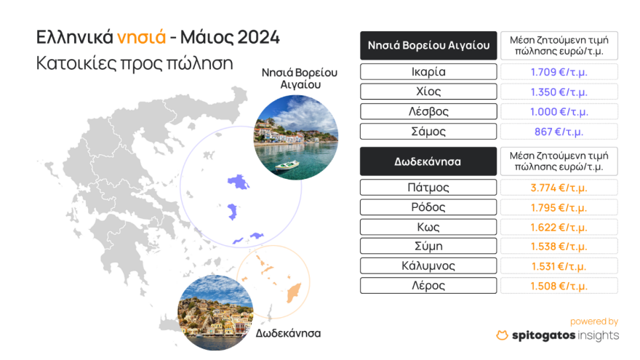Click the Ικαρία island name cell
pyautogui.click(x=428, y=72)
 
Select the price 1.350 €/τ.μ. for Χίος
pyautogui.click(x=559, y=92)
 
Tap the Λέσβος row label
pyautogui.click(x=428, y=112)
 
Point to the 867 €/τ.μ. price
pyautogui.click(x=559, y=132)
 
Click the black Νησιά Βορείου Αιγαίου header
pyautogui.click(x=428, y=46)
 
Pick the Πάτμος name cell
pyautogui.click(x=428, y=188)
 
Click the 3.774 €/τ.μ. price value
pyautogui.click(x=559, y=188)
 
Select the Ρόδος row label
pyautogui.click(x=428, y=207)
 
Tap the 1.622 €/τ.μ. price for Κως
pyautogui.click(x=559, y=227)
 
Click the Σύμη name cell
pyautogui.click(x=428, y=246)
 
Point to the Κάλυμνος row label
pyautogui.click(x=428, y=265)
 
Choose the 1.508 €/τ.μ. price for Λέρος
pyautogui.click(x=559, y=285)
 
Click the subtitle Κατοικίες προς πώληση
pyautogui.click(x=135, y=63)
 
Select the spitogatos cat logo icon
pyautogui.click(x=502, y=335)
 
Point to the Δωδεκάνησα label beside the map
pyautogui.click(x=289, y=333)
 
